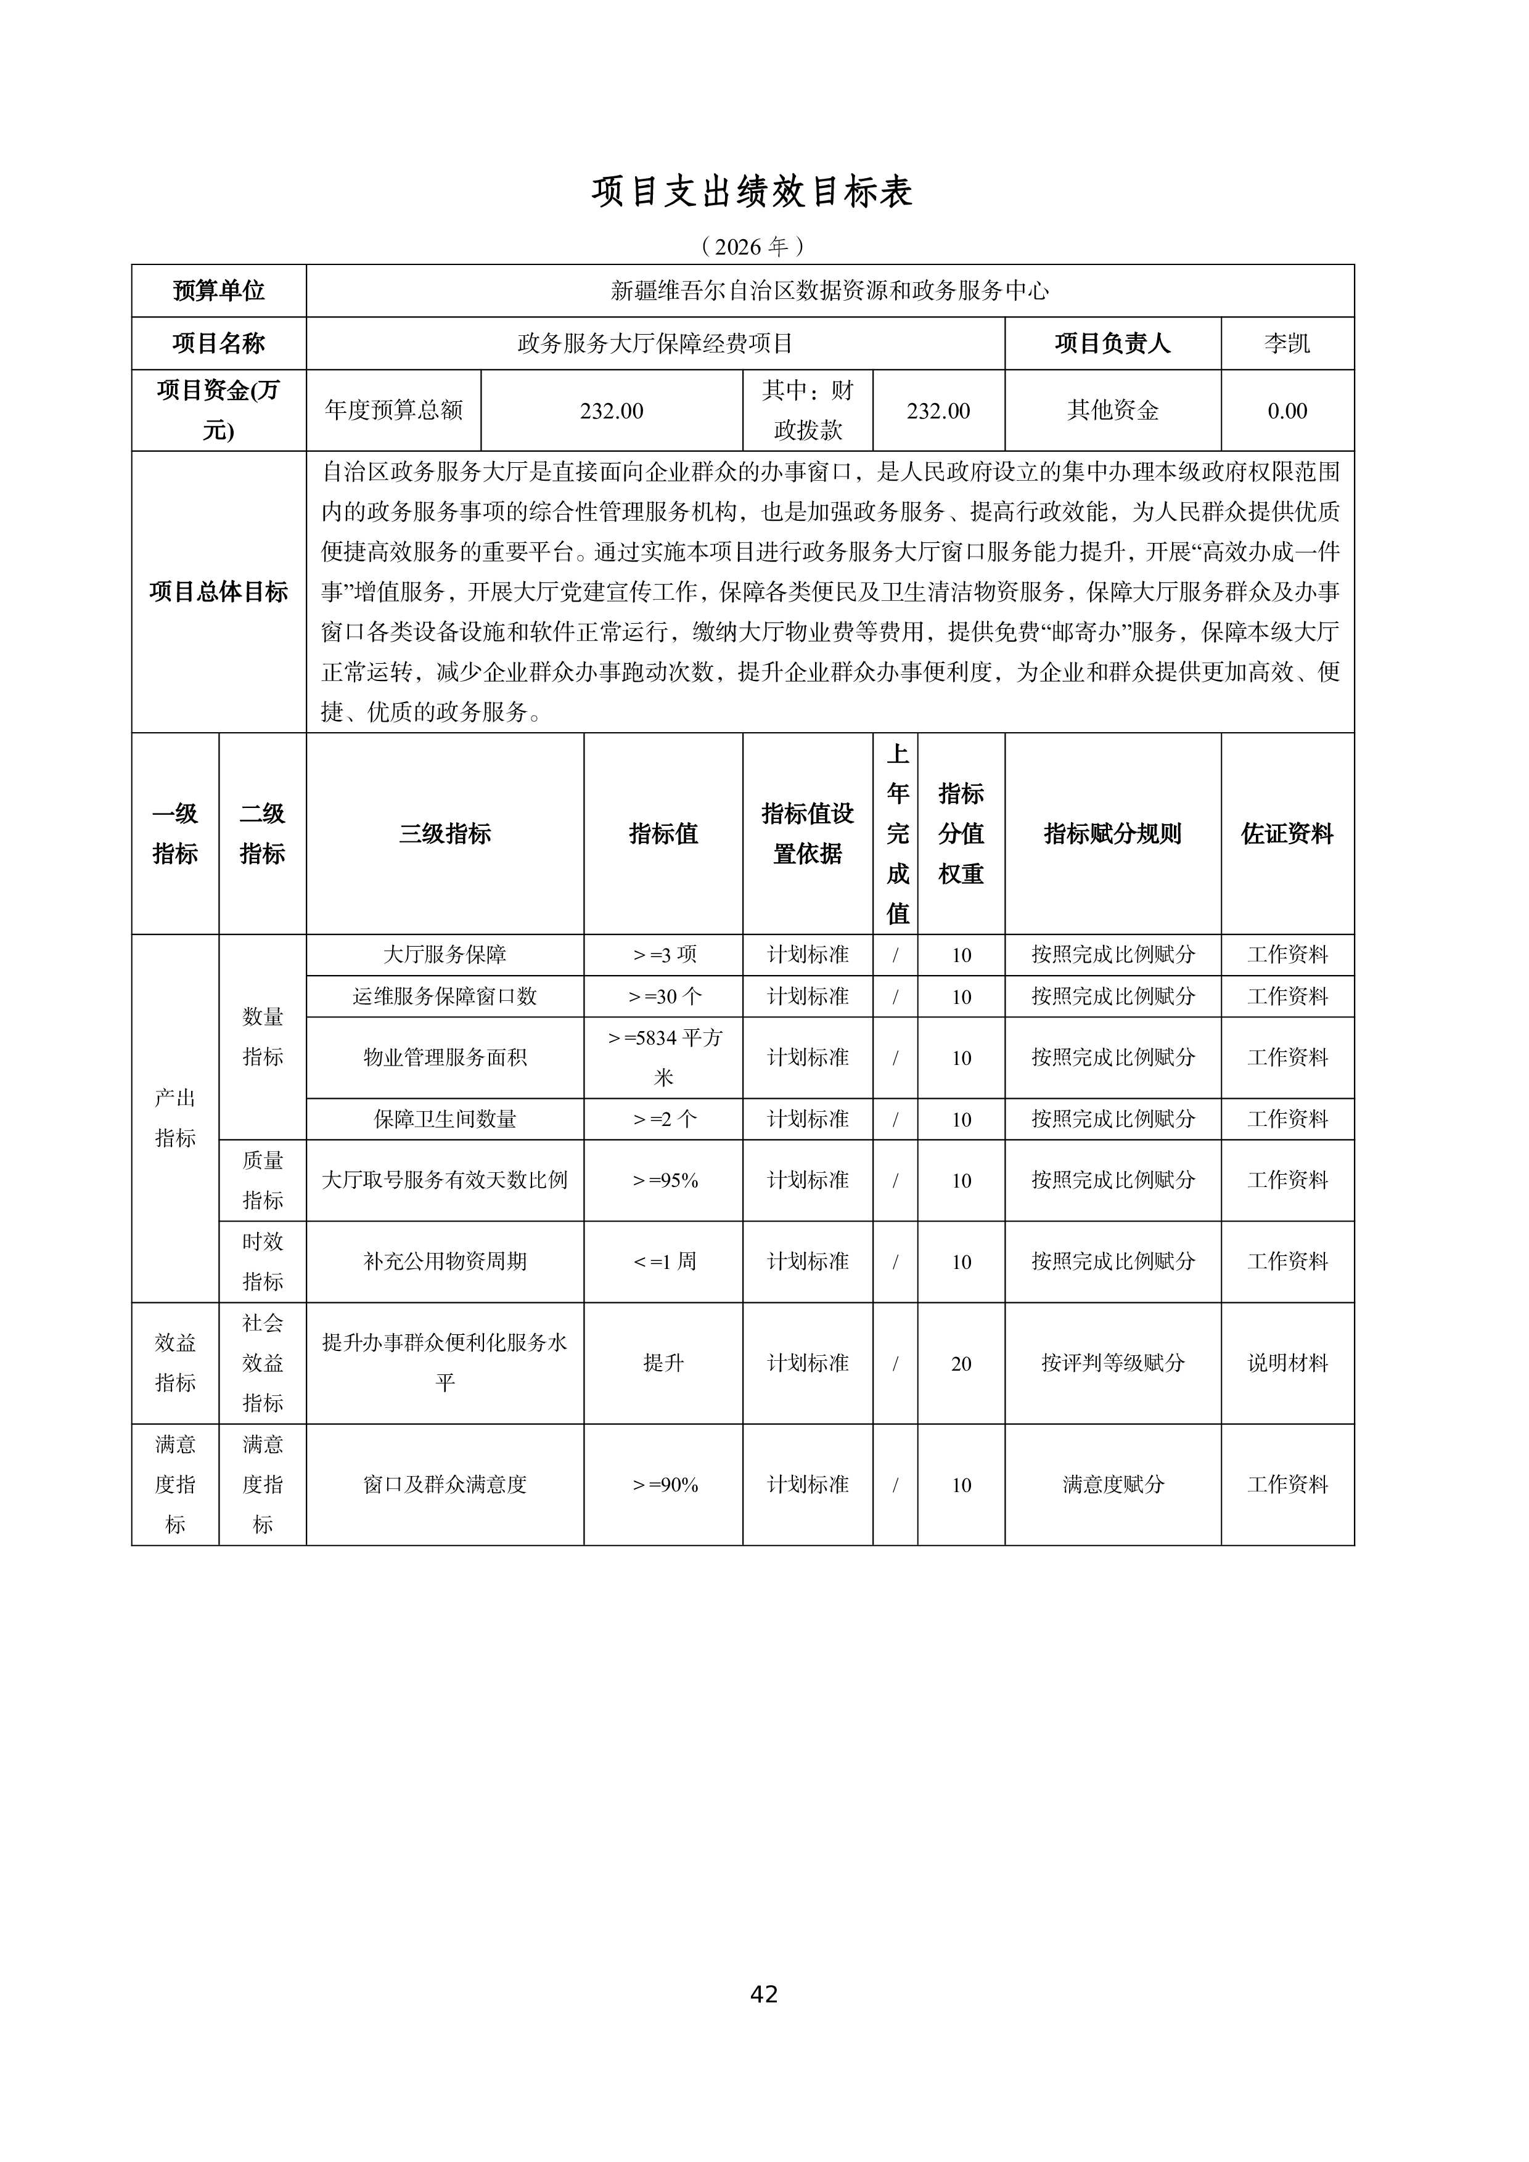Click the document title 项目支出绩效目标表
pos(752,192)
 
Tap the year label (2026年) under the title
pos(752,247)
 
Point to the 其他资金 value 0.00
pos(1287,410)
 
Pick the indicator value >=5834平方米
pos(663,1056)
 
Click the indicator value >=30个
pos(663,996)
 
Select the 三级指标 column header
pos(445,833)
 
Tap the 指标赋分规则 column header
pos(1113,833)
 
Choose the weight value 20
pos(961,1363)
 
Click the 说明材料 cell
pos(1287,1363)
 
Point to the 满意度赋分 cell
pos(1113,1485)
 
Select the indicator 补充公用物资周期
pos(445,1262)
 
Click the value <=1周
pos(663,1262)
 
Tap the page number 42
pos(764,1994)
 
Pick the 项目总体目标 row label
pos(219,592)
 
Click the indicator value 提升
pos(663,1363)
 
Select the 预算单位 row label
pos(219,291)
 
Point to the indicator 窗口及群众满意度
pos(445,1485)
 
